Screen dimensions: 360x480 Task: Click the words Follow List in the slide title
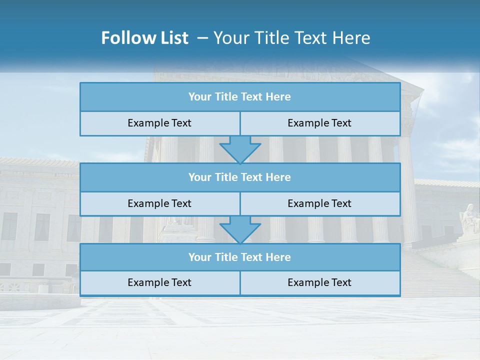145,38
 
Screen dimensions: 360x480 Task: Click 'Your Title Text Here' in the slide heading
292,38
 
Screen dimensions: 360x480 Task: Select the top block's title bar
240,97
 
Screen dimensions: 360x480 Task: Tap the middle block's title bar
240,177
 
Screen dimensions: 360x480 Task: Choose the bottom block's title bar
240,257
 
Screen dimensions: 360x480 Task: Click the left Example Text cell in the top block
159,123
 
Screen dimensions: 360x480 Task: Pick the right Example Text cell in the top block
319,123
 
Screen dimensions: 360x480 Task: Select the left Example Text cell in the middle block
159,204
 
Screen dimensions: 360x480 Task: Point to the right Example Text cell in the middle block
319,204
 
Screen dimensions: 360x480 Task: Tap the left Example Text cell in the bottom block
159,283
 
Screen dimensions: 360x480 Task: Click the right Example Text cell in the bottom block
319,283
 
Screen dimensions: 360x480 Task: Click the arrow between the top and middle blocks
240,149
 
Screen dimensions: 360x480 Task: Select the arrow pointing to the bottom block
240,229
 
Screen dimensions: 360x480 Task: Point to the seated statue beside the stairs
470,218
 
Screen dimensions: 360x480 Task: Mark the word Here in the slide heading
353,38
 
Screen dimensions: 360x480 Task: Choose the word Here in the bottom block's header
278,257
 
